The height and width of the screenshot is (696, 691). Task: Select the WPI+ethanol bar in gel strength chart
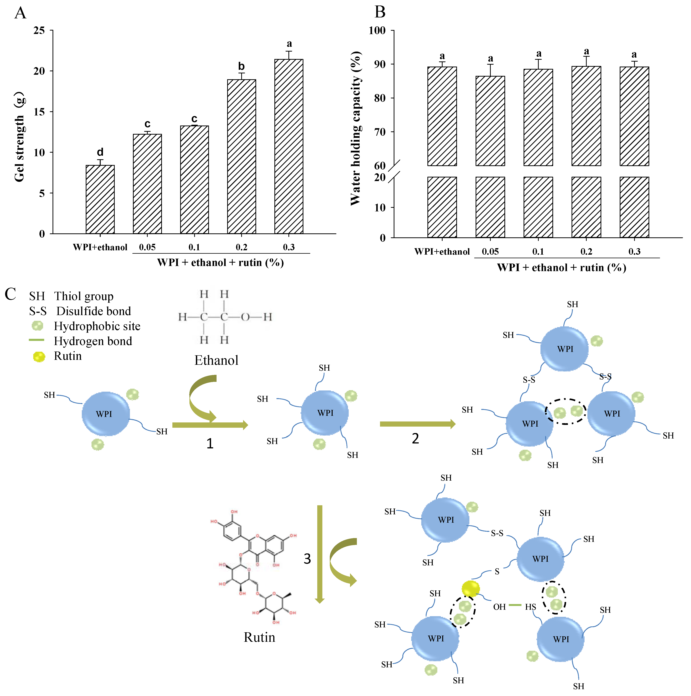point(100,199)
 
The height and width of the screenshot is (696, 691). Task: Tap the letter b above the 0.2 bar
point(241,66)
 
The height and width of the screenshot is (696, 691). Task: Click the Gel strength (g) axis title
point(20,137)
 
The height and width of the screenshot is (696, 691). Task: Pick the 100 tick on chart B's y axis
point(377,31)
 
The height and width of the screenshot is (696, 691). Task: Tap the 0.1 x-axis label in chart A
point(194,247)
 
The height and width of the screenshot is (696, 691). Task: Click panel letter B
point(380,12)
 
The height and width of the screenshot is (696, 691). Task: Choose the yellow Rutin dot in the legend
point(39,357)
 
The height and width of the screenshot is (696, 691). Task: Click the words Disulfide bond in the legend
point(94,311)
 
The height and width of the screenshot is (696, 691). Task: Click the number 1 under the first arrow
point(210,443)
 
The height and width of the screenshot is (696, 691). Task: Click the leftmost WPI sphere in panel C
point(106,414)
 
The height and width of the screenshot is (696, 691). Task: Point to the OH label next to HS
point(499,607)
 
